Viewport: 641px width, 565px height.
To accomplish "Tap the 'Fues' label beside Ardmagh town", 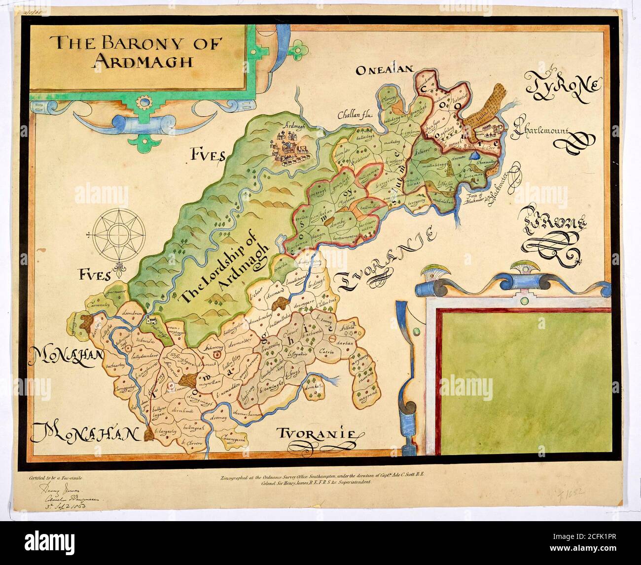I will point(207,157).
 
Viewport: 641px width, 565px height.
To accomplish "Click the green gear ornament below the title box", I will point(144,103).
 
